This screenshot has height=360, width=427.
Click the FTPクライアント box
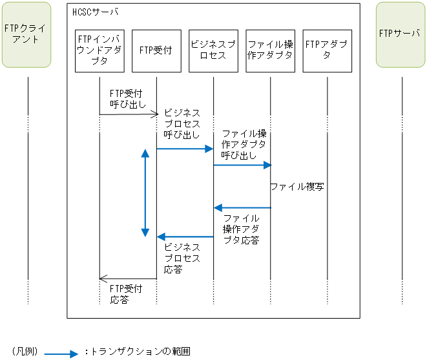(x=26, y=36)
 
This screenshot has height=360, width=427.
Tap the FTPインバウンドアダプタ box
(x=99, y=50)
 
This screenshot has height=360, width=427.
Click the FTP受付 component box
(x=156, y=50)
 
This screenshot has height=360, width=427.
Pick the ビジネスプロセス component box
(x=213, y=50)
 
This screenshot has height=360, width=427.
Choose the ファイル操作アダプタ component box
(x=270, y=50)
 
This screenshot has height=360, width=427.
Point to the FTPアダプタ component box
(x=327, y=50)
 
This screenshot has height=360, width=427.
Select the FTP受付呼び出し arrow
(x=128, y=114)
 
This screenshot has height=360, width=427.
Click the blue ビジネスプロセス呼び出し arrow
(x=185, y=149)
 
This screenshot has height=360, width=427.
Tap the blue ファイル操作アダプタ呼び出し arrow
(x=242, y=165)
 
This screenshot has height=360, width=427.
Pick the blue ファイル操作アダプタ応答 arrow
(x=242, y=207)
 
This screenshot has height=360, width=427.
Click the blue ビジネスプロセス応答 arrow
(x=185, y=237)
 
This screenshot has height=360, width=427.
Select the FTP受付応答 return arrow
(x=128, y=279)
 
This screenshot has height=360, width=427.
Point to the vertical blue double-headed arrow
(x=145, y=193)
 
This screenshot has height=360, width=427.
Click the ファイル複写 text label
(x=297, y=187)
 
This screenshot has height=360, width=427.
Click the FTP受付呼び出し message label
(x=127, y=99)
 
